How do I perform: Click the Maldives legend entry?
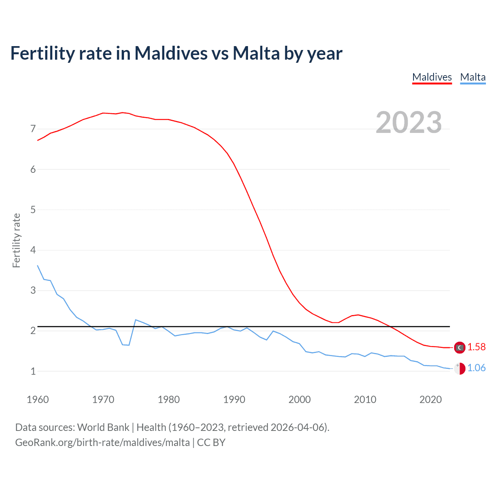click(x=432, y=77)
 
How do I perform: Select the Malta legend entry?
click(x=473, y=77)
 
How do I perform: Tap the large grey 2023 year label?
click(x=408, y=122)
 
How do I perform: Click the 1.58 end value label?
click(x=476, y=347)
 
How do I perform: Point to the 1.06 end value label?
click(x=476, y=368)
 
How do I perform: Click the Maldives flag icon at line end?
click(x=460, y=348)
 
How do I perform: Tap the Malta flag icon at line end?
click(x=460, y=369)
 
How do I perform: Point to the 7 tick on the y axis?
click(x=33, y=129)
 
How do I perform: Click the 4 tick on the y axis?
click(x=33, y=250)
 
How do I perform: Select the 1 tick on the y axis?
click(x=33, y=371)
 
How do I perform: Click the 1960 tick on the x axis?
click(x=38, y=400)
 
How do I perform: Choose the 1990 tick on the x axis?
click(x=234, y=400)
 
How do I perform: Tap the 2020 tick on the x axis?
click(x=431, y=400)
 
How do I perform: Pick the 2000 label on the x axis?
click(x=300, y=400)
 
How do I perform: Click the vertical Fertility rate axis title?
click(x=16, y=240)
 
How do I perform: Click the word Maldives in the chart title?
click(x=171, y=53)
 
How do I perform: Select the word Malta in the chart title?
click(x=256, y=53)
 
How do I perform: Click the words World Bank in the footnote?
click(x=103, y=427)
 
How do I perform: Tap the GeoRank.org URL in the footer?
click(x=102, y=443)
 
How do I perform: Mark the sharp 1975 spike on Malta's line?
click(x=135, y=320)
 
